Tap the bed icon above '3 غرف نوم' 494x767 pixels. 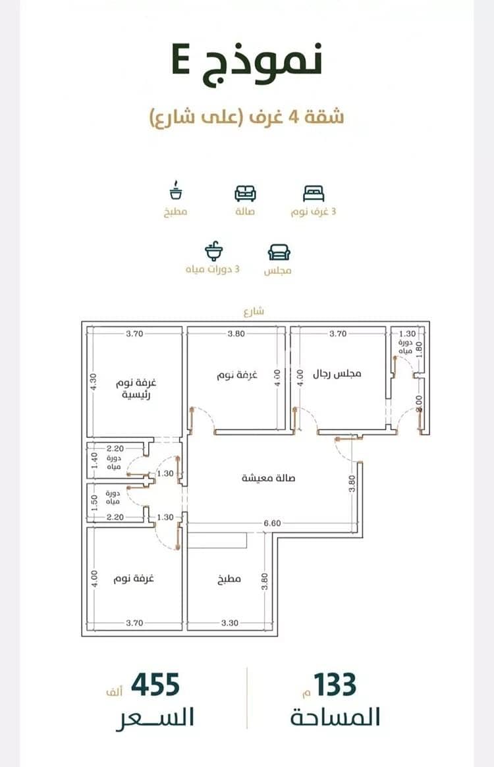coord(314,194)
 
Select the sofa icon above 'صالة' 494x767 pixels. coord(245,194)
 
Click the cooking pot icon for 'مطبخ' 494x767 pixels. coord(175,190)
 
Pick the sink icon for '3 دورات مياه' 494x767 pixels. coord(213,251)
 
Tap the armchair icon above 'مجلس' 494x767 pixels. coord(279,252)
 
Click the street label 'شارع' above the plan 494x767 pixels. coord(254,311)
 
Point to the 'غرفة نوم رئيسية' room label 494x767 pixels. coord(136,388)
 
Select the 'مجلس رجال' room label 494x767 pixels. coord(337,374)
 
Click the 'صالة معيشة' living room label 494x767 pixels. coord(269,478)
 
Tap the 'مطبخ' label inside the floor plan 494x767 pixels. coord(229,579)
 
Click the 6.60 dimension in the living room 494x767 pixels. coord(272,523)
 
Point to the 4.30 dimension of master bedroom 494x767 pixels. coord(94,382)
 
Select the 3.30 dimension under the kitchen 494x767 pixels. coord(230,623)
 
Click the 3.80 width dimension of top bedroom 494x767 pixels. coord(236,334)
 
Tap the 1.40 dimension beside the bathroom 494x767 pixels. coord(94,460)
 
